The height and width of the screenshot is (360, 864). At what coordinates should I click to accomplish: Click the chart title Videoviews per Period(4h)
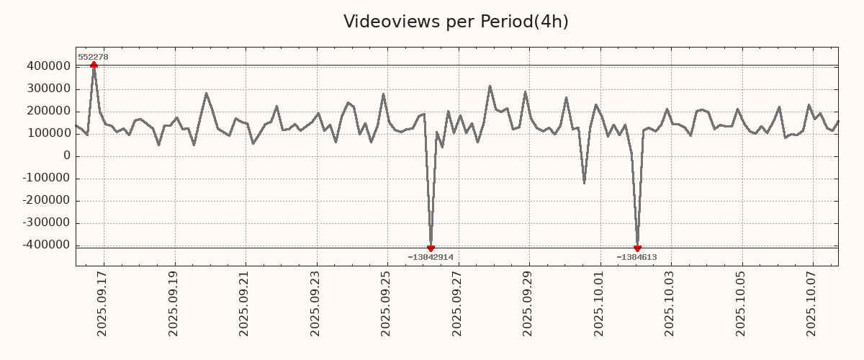[x=456, y=22]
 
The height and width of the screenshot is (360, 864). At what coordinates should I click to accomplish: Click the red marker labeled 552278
[x=94, y=66]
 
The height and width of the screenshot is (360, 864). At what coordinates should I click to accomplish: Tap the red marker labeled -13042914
[x=431, y=248]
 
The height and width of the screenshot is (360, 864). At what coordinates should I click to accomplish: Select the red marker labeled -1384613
[x=637, y=248]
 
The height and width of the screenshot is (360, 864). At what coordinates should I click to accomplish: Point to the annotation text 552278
[x=93, y=57]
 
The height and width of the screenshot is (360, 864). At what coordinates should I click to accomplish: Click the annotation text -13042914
[x=431, y=257]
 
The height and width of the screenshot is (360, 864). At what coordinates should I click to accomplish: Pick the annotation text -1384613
[x=636, y=257]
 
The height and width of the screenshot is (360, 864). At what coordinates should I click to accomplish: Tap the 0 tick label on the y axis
[x=67, y=156]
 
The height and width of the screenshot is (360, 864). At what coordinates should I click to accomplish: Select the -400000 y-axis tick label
[x=45, y=245]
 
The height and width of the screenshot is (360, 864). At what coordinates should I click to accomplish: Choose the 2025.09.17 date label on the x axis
[x=102, y=302]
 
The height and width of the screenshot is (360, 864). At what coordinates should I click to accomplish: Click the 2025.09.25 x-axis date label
[x=386, y=302]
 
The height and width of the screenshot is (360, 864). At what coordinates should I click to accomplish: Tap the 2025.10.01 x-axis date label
[x=599, y=302]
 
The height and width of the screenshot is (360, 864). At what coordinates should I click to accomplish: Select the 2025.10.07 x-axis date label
[x=812, y=302]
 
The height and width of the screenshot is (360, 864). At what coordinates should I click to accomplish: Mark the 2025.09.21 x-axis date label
[x=244, y=302]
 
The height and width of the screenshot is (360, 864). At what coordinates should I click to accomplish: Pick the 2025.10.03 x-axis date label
[x=670, y=302]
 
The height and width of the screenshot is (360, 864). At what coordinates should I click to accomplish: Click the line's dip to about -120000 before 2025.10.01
[x=584, y=182]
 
